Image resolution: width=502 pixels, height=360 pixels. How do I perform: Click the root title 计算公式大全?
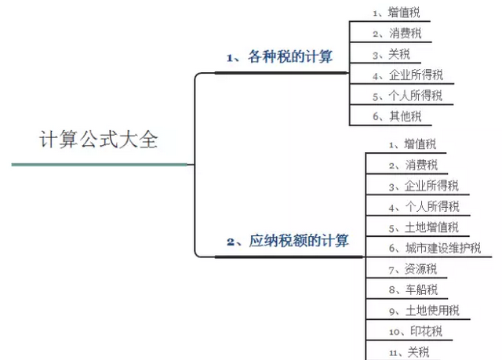pyautogui.click(x=99, y=140)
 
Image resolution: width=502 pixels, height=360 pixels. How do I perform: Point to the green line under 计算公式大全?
pyautogui.click(x=100, y=165)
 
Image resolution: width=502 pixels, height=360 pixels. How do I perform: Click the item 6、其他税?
pyautogui.click(x=397, y=116)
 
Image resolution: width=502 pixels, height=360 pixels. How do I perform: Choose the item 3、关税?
pyautogui.click(x=391, y=54)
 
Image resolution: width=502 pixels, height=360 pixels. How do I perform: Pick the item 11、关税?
pyautogui.click(x=409, y=352)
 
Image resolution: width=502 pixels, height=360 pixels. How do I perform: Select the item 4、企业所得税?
pyautogui.click(x=408, y=75)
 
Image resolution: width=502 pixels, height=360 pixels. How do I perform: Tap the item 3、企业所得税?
pyautogui.click(x=424, y=186)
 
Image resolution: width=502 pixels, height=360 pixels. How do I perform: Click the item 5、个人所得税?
pyautogui.click(x=407, y=96)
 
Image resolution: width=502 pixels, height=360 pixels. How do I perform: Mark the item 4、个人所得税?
pyautogui.click(x=424, y=206)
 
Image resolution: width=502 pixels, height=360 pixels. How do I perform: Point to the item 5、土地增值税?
pyautogui.click(x=424, y=227)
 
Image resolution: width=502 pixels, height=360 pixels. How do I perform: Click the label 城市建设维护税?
pyautogui.click(x=443, y=248)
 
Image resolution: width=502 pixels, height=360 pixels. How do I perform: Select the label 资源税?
pyautogui.click(x=420, y=269)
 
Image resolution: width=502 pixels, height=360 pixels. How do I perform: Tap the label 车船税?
pyautogui.click(x=421, y=289)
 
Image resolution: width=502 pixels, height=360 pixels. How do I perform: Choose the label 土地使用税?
pyautogui.click(x=432, y=311)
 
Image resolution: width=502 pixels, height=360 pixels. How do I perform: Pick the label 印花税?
pyautogui.click(x=426, y=331)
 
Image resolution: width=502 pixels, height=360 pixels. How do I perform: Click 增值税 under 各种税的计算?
pyautogui.click(x=404, y=13)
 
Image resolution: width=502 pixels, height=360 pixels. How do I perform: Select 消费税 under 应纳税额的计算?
pyautogui.click(x=421, y=165)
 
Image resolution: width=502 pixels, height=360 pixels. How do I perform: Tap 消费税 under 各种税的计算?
pyautogui.click(x=406, y=33)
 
